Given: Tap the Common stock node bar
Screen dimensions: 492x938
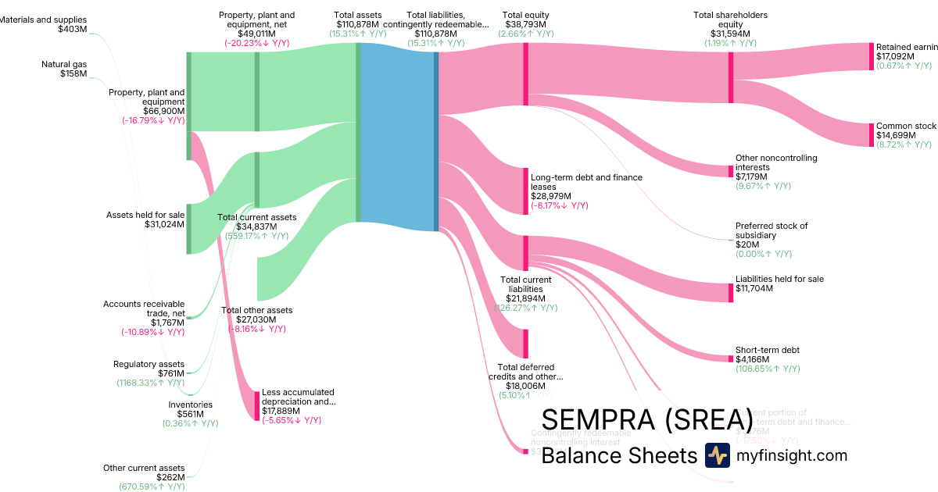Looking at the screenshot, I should [872, 135].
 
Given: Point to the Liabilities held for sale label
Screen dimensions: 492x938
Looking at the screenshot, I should [779, 279].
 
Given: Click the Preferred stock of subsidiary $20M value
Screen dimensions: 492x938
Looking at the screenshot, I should [743, 244].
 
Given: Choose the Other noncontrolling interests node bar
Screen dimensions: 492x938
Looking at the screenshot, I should [731, 171].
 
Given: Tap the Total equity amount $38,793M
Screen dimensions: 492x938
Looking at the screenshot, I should [525, 24].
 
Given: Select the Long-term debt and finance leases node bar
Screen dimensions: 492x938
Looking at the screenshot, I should [526, 191].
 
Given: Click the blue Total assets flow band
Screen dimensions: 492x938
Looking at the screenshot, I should [397, 137].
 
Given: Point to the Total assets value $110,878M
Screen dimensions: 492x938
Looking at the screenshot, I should [357, 24].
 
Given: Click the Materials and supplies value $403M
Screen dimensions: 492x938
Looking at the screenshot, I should [72, 29].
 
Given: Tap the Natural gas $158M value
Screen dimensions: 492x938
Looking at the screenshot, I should [73, 74].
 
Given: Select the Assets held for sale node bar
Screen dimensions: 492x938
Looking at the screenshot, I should [188, 229].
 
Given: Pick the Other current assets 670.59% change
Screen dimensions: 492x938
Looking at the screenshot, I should [146, 487].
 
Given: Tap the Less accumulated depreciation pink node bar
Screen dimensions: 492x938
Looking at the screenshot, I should [256, 405].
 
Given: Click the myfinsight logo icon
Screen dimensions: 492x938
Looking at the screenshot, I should [717, 455].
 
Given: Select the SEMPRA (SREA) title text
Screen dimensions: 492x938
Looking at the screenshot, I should [647, 420].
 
